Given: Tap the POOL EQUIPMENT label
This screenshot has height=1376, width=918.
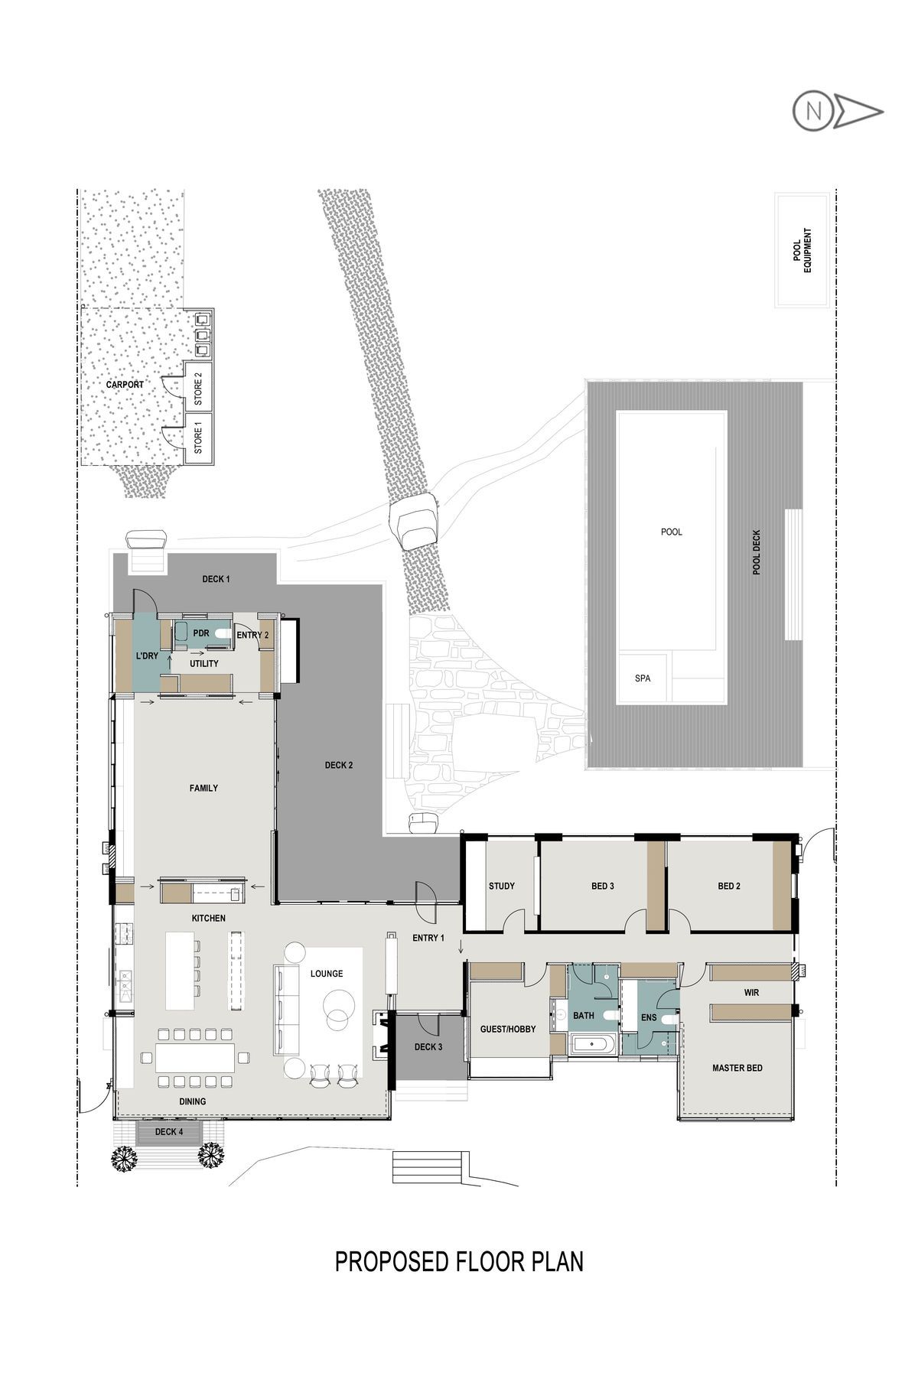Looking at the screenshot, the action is (x=802, y=250).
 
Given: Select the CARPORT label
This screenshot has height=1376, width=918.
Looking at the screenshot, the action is (x=125, y=385).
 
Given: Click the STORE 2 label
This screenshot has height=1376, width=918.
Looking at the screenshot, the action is (x=198, y=389).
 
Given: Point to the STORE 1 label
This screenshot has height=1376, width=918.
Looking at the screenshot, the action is (x=198, y=437).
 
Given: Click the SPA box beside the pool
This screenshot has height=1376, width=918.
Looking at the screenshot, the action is (x=643, y=678).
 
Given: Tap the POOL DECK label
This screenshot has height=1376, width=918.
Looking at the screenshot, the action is (x=757, y=552).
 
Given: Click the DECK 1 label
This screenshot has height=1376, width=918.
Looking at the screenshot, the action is (x=216, y=579).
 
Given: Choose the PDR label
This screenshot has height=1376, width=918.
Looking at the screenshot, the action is (x=201, y=633).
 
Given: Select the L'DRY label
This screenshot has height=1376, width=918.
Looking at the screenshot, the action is (x=147, y=656).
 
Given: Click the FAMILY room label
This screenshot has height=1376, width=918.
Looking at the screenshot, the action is (x=203, y=788).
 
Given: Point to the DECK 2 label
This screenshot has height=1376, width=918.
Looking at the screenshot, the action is (x=339, y=765).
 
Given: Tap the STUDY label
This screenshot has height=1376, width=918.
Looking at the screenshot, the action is (x=502, y=886).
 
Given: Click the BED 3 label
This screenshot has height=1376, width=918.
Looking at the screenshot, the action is (x=603, y=886).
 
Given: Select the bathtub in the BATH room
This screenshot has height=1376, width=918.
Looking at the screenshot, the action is (x=593, y=1043).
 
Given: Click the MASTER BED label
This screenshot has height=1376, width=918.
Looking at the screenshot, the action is (x=737, y=1068).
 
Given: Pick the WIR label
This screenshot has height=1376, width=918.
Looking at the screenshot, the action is (x=751, y=993).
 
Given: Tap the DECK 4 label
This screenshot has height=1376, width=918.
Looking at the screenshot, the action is (x=169, y=1132).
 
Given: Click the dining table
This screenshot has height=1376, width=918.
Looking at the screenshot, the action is (x=196, y=1058).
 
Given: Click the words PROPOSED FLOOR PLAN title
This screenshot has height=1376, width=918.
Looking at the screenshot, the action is (x=459, y=1261).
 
